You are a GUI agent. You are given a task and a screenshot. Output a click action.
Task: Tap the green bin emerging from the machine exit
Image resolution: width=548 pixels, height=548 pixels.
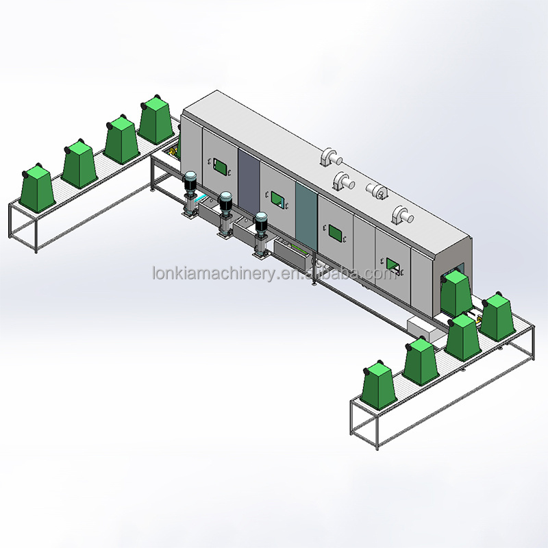pos(456,294)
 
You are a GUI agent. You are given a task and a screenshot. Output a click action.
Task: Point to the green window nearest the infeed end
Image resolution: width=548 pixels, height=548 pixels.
pos(220,166)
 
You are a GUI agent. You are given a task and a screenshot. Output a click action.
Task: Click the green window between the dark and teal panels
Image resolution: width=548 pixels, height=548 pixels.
pos(278,199)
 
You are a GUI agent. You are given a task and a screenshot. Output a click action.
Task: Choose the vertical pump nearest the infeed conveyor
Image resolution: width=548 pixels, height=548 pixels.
pos(190,194)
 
